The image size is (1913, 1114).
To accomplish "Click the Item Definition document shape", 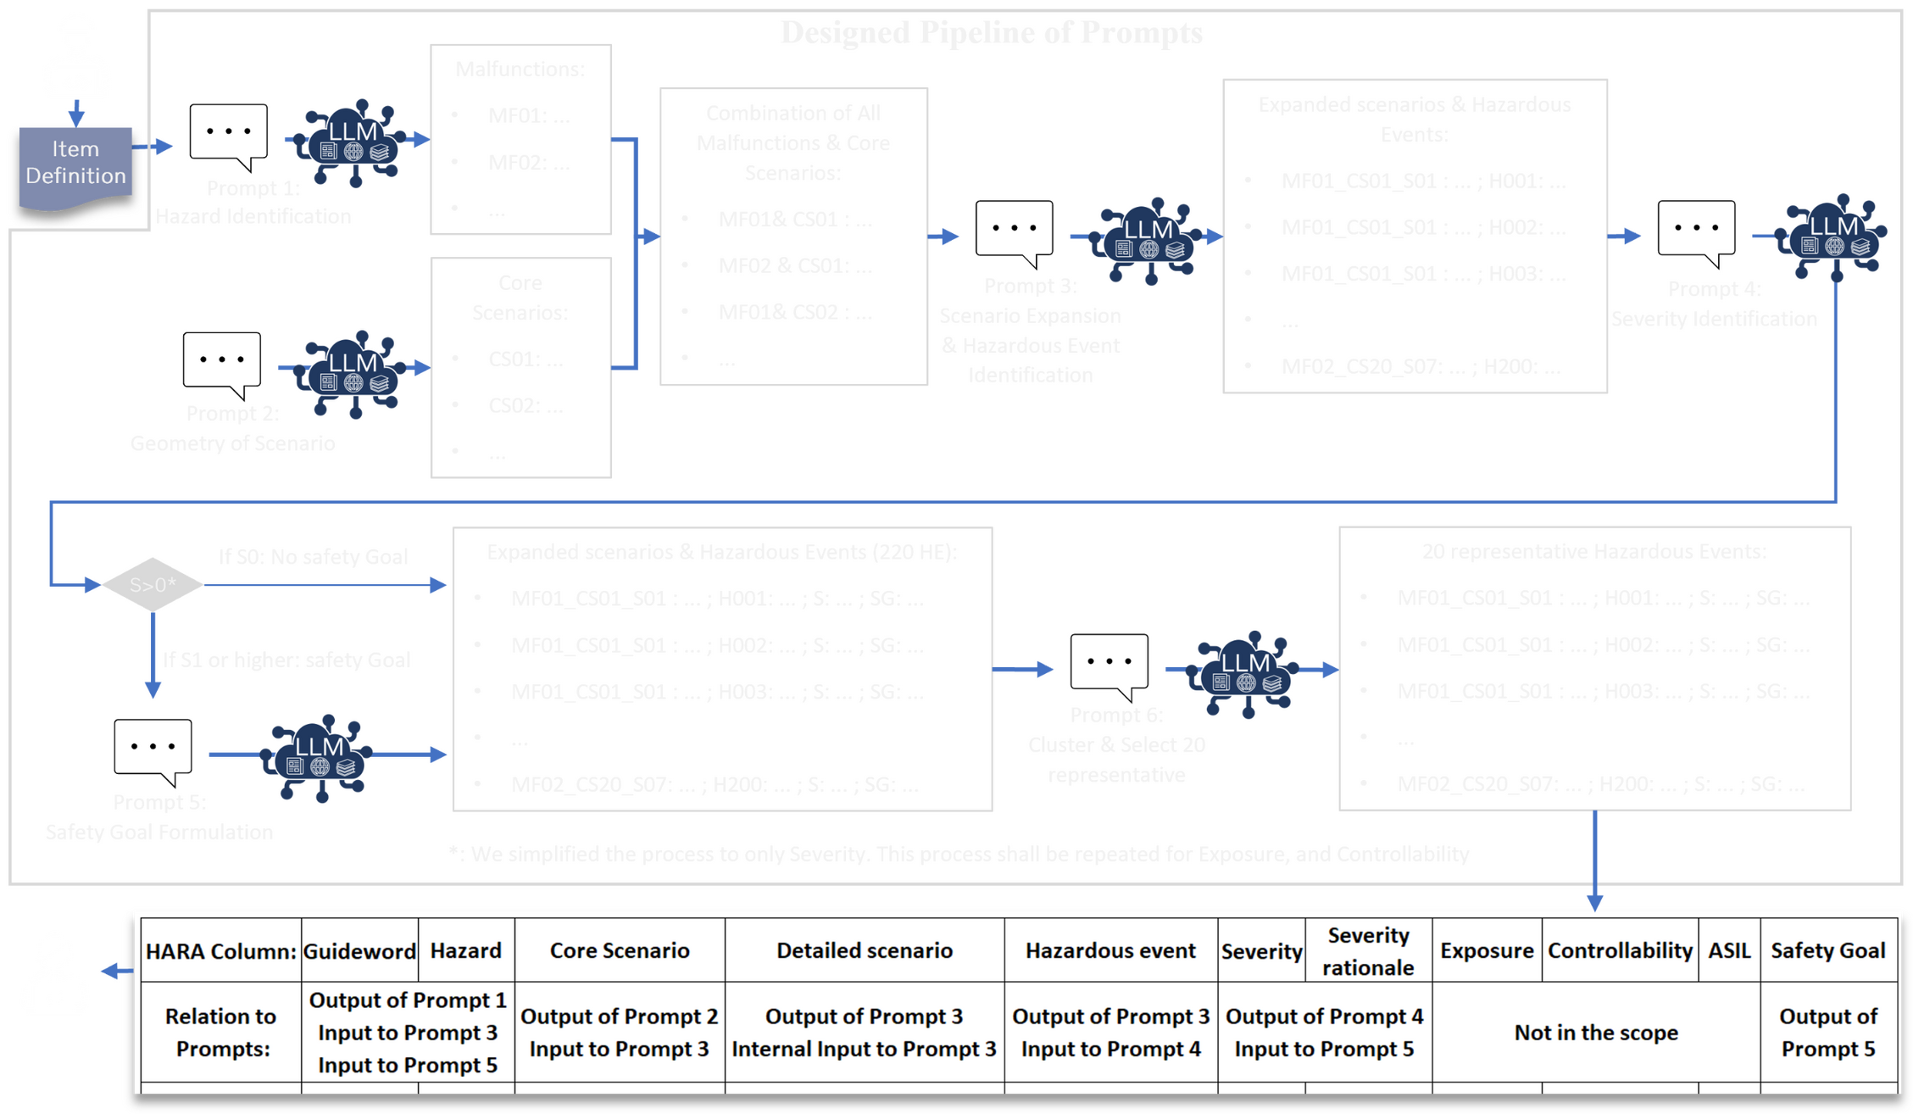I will pos(75,166).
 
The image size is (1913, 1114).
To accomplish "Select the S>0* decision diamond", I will pos(153,584).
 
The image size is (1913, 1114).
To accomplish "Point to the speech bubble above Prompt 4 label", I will pos(1695,231).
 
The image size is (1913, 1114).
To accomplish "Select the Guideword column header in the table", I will pos(359,950).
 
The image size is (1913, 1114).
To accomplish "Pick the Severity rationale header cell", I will pos(1367,950).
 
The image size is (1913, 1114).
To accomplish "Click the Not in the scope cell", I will pos(1595,1032).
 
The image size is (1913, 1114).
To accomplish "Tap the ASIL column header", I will pos(1728,950).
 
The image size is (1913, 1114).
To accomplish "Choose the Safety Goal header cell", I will pos(1827,950).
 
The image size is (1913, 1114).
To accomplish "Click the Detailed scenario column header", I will pos(864,950).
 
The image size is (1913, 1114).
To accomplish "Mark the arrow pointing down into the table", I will pos(1594,861).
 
